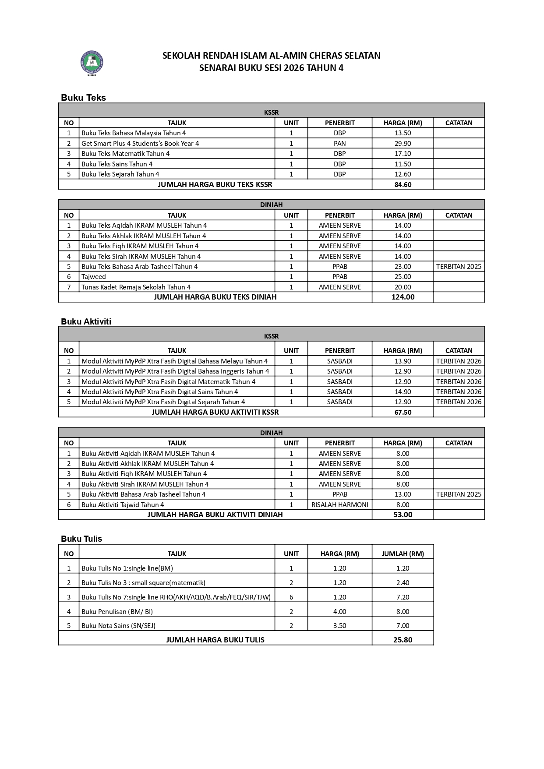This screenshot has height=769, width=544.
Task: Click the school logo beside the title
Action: pyautogui.click(x=92, y=63)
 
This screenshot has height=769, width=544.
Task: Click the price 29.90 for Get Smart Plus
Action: pyautogui.click(x=403, y=143)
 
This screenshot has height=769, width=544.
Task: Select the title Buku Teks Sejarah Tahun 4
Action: pyautogui.click(x=120, y=174)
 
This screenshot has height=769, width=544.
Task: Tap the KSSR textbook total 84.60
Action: pyautogui.click(x=403, y=184)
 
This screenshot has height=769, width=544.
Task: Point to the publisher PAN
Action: pyautogui.click(x=339, y=143)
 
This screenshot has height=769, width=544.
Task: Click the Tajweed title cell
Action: pyautogui.click(x=94, y=277)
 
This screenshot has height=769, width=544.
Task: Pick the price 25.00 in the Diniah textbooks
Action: pyautogui.click(x=403, y=277)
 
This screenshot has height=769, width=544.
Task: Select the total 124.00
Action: pyautogui.click(x=403, y=297)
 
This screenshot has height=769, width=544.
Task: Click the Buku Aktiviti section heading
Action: pyautogui.click(x=86, y=321)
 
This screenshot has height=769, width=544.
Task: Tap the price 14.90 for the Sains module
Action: pyautogui.click(x=403, y=392)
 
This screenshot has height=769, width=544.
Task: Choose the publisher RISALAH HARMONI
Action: pyautogui.click(x=339, y=504)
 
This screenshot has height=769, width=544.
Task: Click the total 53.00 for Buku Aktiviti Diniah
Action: pyautogui.click(x=403, y=515)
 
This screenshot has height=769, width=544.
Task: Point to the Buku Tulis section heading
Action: pyautogui.click(x=81, y=539)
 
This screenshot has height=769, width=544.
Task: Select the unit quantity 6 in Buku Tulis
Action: pyautogui.click(x=291, y=597)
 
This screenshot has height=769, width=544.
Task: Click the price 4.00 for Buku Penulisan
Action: pyautogui.click(x=339, y=611)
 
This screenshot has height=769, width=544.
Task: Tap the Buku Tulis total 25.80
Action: pyautogui.click(x=403, y=640)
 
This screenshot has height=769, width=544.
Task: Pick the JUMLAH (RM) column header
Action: pyautogui.click(x=403, y=554)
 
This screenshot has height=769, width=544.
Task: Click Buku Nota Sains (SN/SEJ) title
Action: pyautogui.click(x=118, y=626)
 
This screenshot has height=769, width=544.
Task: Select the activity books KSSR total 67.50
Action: pyautogui.click(x=403, y=412)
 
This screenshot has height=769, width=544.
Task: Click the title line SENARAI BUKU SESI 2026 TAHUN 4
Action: pyautogui.click(x=271, y=68)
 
